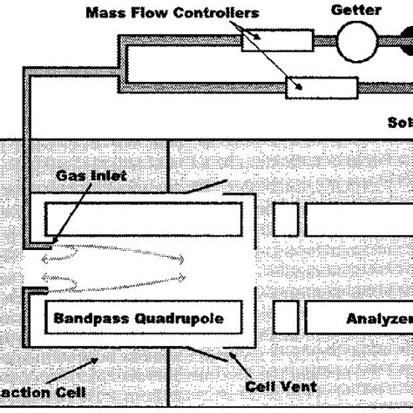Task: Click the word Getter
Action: pos(356,10)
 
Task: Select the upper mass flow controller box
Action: pos(273,41)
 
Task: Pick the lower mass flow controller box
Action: pos(322,87)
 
